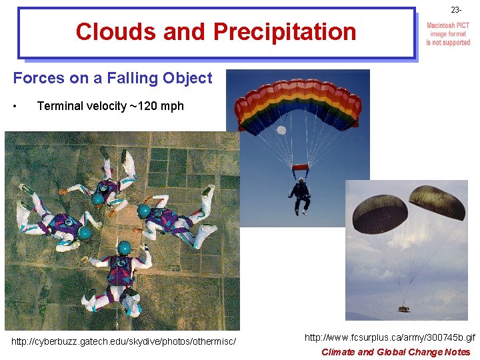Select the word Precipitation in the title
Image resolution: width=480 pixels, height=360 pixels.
285,32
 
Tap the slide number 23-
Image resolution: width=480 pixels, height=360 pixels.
456,10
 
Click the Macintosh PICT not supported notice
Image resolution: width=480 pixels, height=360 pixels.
448,34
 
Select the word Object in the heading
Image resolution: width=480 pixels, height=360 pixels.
188,78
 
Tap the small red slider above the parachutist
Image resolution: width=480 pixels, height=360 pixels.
301,167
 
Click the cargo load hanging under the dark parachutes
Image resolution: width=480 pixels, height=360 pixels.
404,309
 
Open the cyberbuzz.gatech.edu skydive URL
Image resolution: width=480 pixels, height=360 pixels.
124,342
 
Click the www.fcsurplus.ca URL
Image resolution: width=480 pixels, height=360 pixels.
390,338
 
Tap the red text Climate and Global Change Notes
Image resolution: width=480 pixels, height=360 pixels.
395,352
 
